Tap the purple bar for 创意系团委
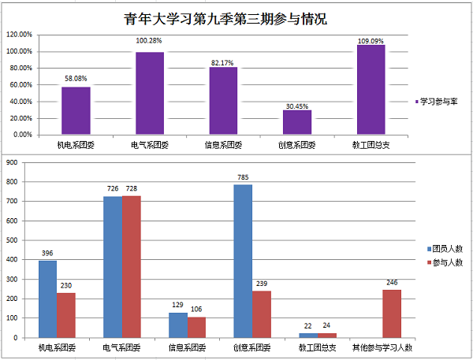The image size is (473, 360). tap(297, 122)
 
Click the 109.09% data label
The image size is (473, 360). tap(371, 40)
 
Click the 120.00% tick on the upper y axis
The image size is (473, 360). tap(19, 35)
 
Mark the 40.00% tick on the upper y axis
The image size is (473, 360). tap(19, 102)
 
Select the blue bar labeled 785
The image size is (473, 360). tap(243, 261)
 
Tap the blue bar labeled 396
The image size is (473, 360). tap(47, 299)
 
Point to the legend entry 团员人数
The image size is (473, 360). tap(447, 247)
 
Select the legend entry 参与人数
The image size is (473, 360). tap(447, 262)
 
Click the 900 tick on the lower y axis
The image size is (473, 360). tap(12, 163)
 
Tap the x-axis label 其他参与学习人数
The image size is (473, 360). tap(382, 347)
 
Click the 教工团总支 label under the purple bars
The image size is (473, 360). tap(371, 146)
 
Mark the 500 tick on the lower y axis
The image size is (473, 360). tap(12, 240)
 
